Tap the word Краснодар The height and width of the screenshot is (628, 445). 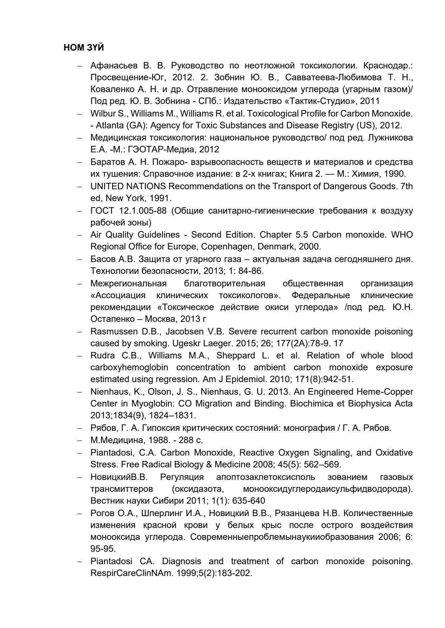388,66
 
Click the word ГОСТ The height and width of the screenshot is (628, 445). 102,211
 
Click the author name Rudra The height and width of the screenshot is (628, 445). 103,356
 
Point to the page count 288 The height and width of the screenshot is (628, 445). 186,440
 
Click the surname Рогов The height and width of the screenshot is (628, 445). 100,513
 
